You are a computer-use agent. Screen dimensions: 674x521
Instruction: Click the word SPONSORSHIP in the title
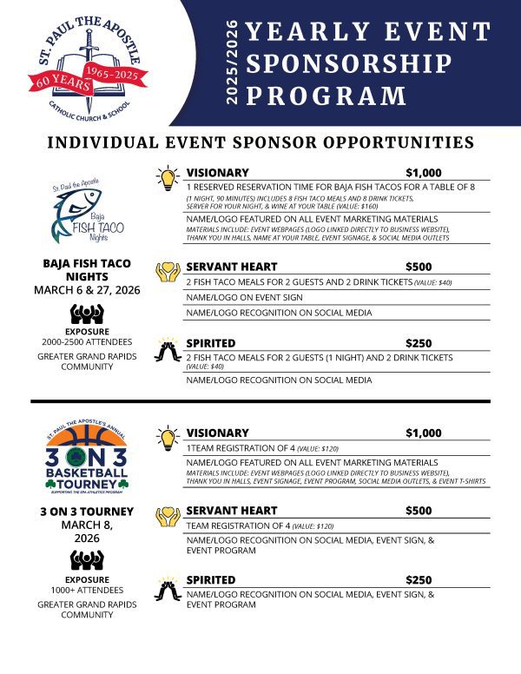(x=350, y=64)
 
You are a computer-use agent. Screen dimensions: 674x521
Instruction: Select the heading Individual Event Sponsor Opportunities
(x=260, y=142)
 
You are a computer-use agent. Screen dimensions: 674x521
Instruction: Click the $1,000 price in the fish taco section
(x=424, y=173)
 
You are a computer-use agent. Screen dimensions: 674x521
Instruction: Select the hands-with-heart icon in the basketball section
(x=167, y=516)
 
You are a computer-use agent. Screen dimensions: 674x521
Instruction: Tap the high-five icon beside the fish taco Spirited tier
(x=167, y=349)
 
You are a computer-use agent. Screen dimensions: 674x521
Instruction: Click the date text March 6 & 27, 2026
(x=87, y=289)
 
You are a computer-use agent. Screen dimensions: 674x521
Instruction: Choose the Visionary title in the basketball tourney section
(x=218, y=432)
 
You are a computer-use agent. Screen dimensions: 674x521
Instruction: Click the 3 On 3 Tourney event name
(x=87, y=511)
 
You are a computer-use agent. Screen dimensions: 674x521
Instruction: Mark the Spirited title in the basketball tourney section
(x=211, y=579)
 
